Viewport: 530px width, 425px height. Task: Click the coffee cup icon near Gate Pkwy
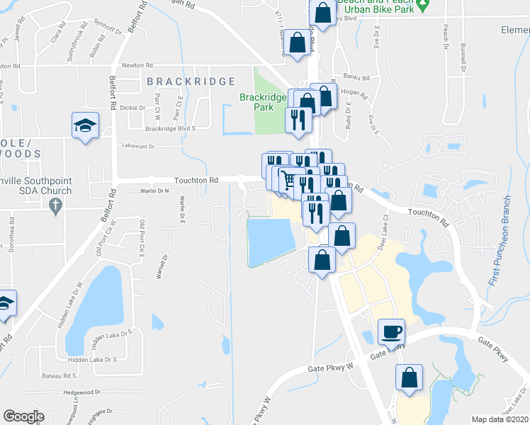coord(392,331)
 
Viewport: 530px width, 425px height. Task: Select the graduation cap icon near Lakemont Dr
coord(85,125)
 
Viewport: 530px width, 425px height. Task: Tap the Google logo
coord(23,416)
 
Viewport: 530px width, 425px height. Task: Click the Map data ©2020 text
coord(500,419)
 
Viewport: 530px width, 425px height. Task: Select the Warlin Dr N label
coord(155,191)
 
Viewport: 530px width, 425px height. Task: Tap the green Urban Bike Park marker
coord(423,7)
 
